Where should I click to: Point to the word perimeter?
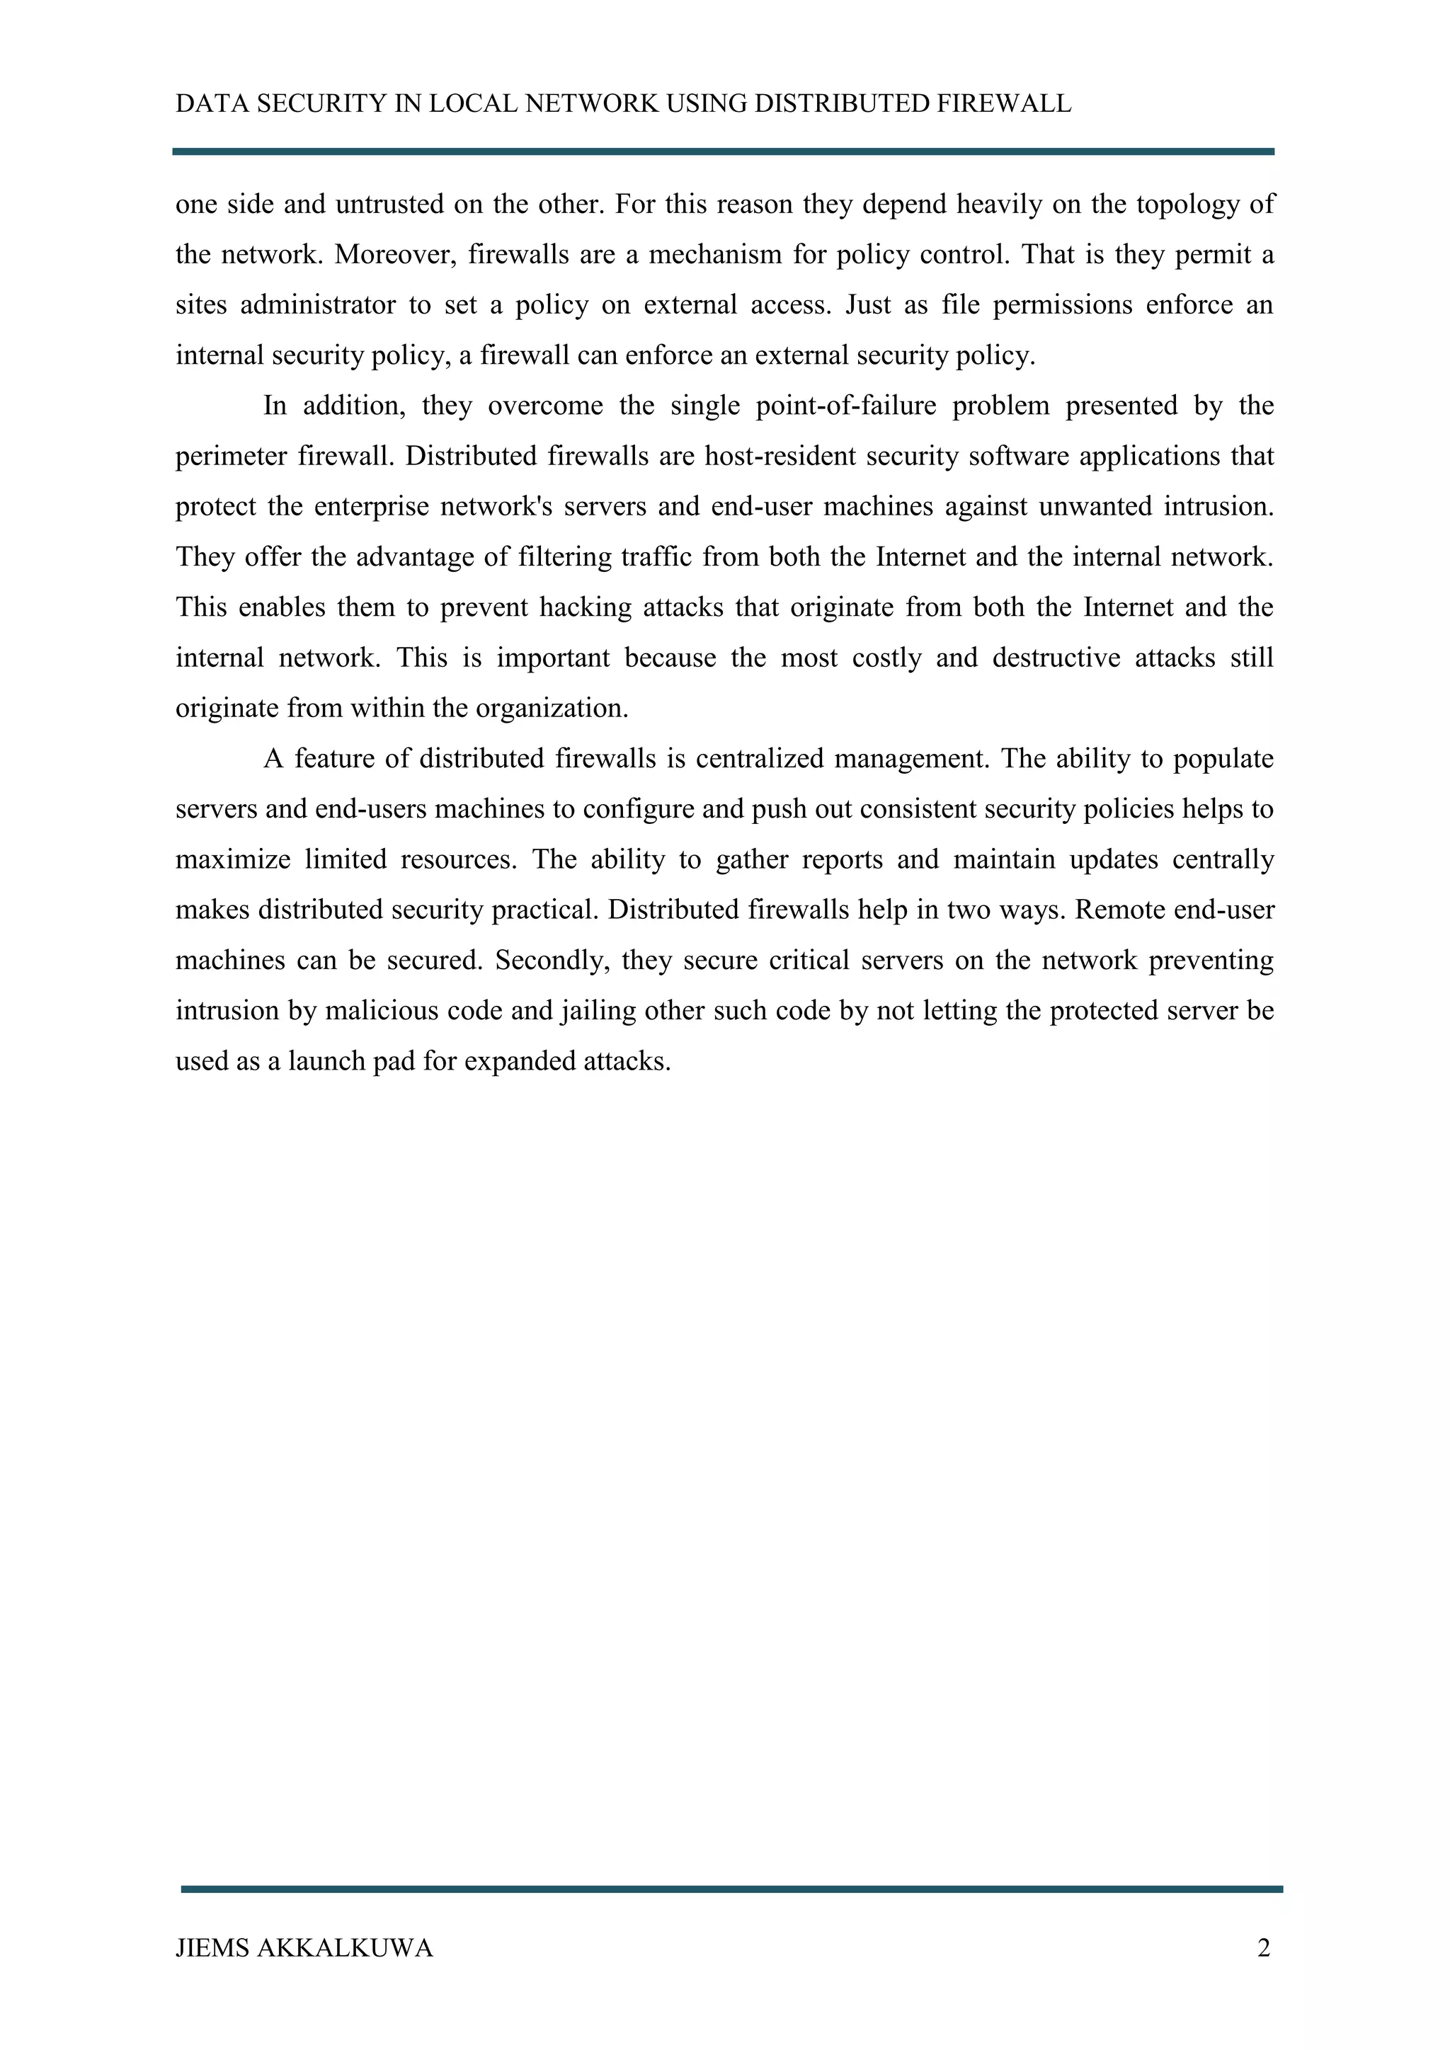228,457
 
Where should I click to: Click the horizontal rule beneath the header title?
723,151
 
